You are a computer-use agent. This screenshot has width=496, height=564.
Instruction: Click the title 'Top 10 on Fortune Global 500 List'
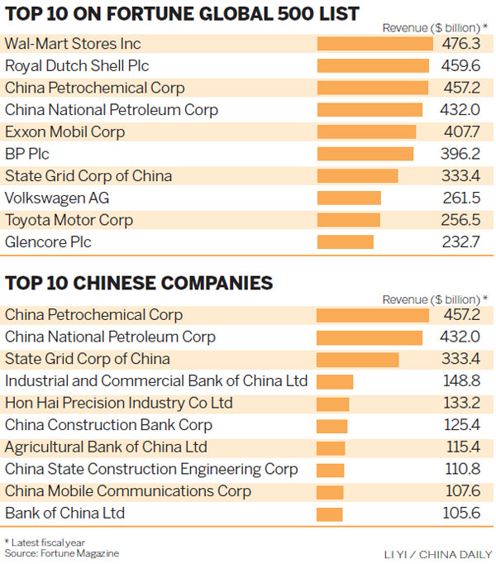pyautogui.click(x=182, y=13)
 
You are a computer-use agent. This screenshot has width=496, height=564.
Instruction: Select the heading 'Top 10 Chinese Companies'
pyautogui.click(x=139, y=283)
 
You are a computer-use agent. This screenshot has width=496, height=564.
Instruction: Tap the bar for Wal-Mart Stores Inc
pyautogui.click(x=375, y=44)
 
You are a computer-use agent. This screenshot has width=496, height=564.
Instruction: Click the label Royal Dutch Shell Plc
pyautogui.click(x=77, y=65)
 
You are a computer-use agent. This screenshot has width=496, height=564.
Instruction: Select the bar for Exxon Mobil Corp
pyautogui.click(x=367, y=131)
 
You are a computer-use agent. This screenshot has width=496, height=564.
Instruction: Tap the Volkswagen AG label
pyautogui.click(x=57, y=198)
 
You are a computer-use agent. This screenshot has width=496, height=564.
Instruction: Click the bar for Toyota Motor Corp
pyautogui.click(x=349, y=220)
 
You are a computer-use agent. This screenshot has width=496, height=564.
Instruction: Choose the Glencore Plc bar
pyautogui.click(x=346, y=242)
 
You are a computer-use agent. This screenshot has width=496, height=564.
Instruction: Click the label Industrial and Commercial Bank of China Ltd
pyautogui.click(x=156, y=381)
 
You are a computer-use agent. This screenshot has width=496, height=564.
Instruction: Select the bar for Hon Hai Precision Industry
pyautogui.click(x=333, y=404)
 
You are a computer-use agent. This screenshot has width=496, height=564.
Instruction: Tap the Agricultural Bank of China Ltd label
pyautogui.click(x=106, y=447)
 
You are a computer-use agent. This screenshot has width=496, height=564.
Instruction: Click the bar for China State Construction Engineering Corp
pyautogui.click(x=331, y=470)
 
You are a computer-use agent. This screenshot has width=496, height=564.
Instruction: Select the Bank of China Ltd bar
pyautogui.click(x=330, y=514)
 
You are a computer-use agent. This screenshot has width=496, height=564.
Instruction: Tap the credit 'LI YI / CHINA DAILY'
pyautogui.click(x=436, y=553)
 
